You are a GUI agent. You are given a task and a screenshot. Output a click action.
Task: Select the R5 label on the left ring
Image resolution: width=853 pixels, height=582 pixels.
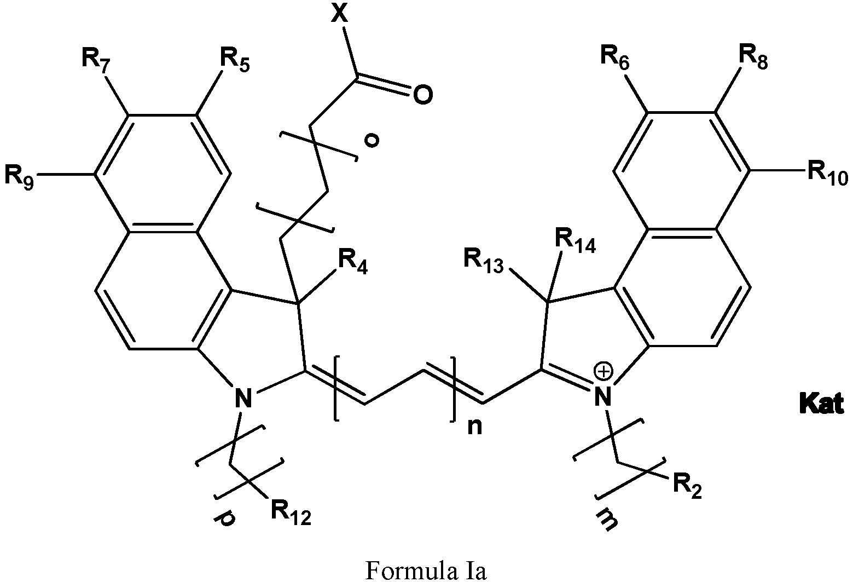[x=235, y=60]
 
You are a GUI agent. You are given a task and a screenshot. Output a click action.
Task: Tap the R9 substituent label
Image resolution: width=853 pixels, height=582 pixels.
[x=19, y=176]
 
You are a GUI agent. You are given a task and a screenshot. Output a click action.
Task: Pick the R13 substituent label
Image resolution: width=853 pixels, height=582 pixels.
[x=484, y=261]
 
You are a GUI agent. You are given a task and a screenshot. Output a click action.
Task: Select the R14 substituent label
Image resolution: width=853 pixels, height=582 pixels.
[x=576, y=241]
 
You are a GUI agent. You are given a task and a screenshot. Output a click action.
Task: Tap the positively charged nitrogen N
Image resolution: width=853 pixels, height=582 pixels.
[x=603, y=396]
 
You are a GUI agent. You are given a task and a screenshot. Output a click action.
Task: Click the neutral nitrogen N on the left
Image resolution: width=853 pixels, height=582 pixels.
[x=243, y=397]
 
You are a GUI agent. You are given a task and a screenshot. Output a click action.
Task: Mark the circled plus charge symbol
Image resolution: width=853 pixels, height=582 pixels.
[x=605, y=371]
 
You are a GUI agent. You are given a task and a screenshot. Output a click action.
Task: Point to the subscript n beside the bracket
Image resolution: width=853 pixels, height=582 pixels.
[x=474, y=427]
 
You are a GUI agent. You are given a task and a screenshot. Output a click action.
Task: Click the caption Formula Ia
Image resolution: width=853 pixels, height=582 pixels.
[x=426, y=570]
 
